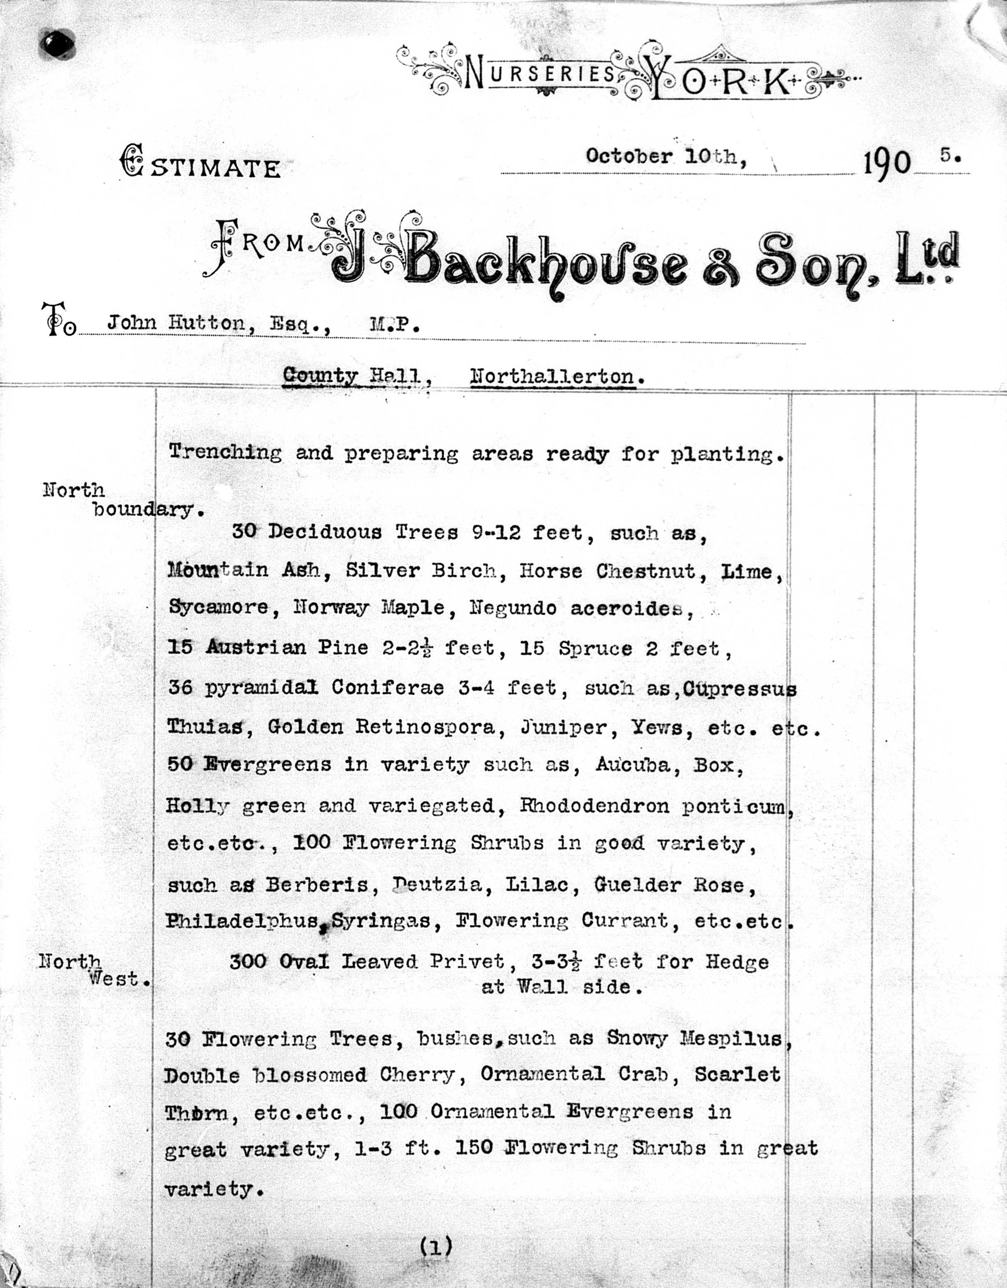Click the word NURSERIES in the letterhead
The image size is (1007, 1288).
pyautogui.click(x=540, y=74)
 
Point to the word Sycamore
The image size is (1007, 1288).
pyautogui.click(x=218, y=608)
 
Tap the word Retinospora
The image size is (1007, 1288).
pyautogui.click(x=425, y=727)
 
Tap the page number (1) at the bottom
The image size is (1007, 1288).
pyautogui.click(x=436, y=1246)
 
